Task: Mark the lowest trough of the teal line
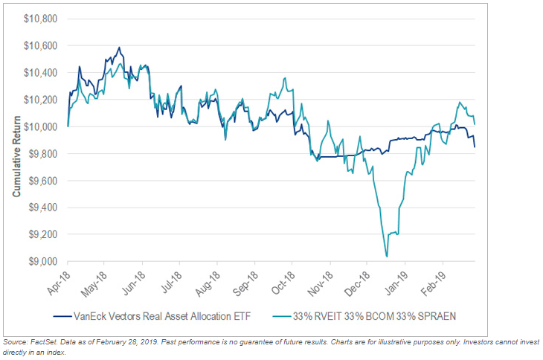386,257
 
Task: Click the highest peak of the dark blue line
119,48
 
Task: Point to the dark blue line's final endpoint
475,147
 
